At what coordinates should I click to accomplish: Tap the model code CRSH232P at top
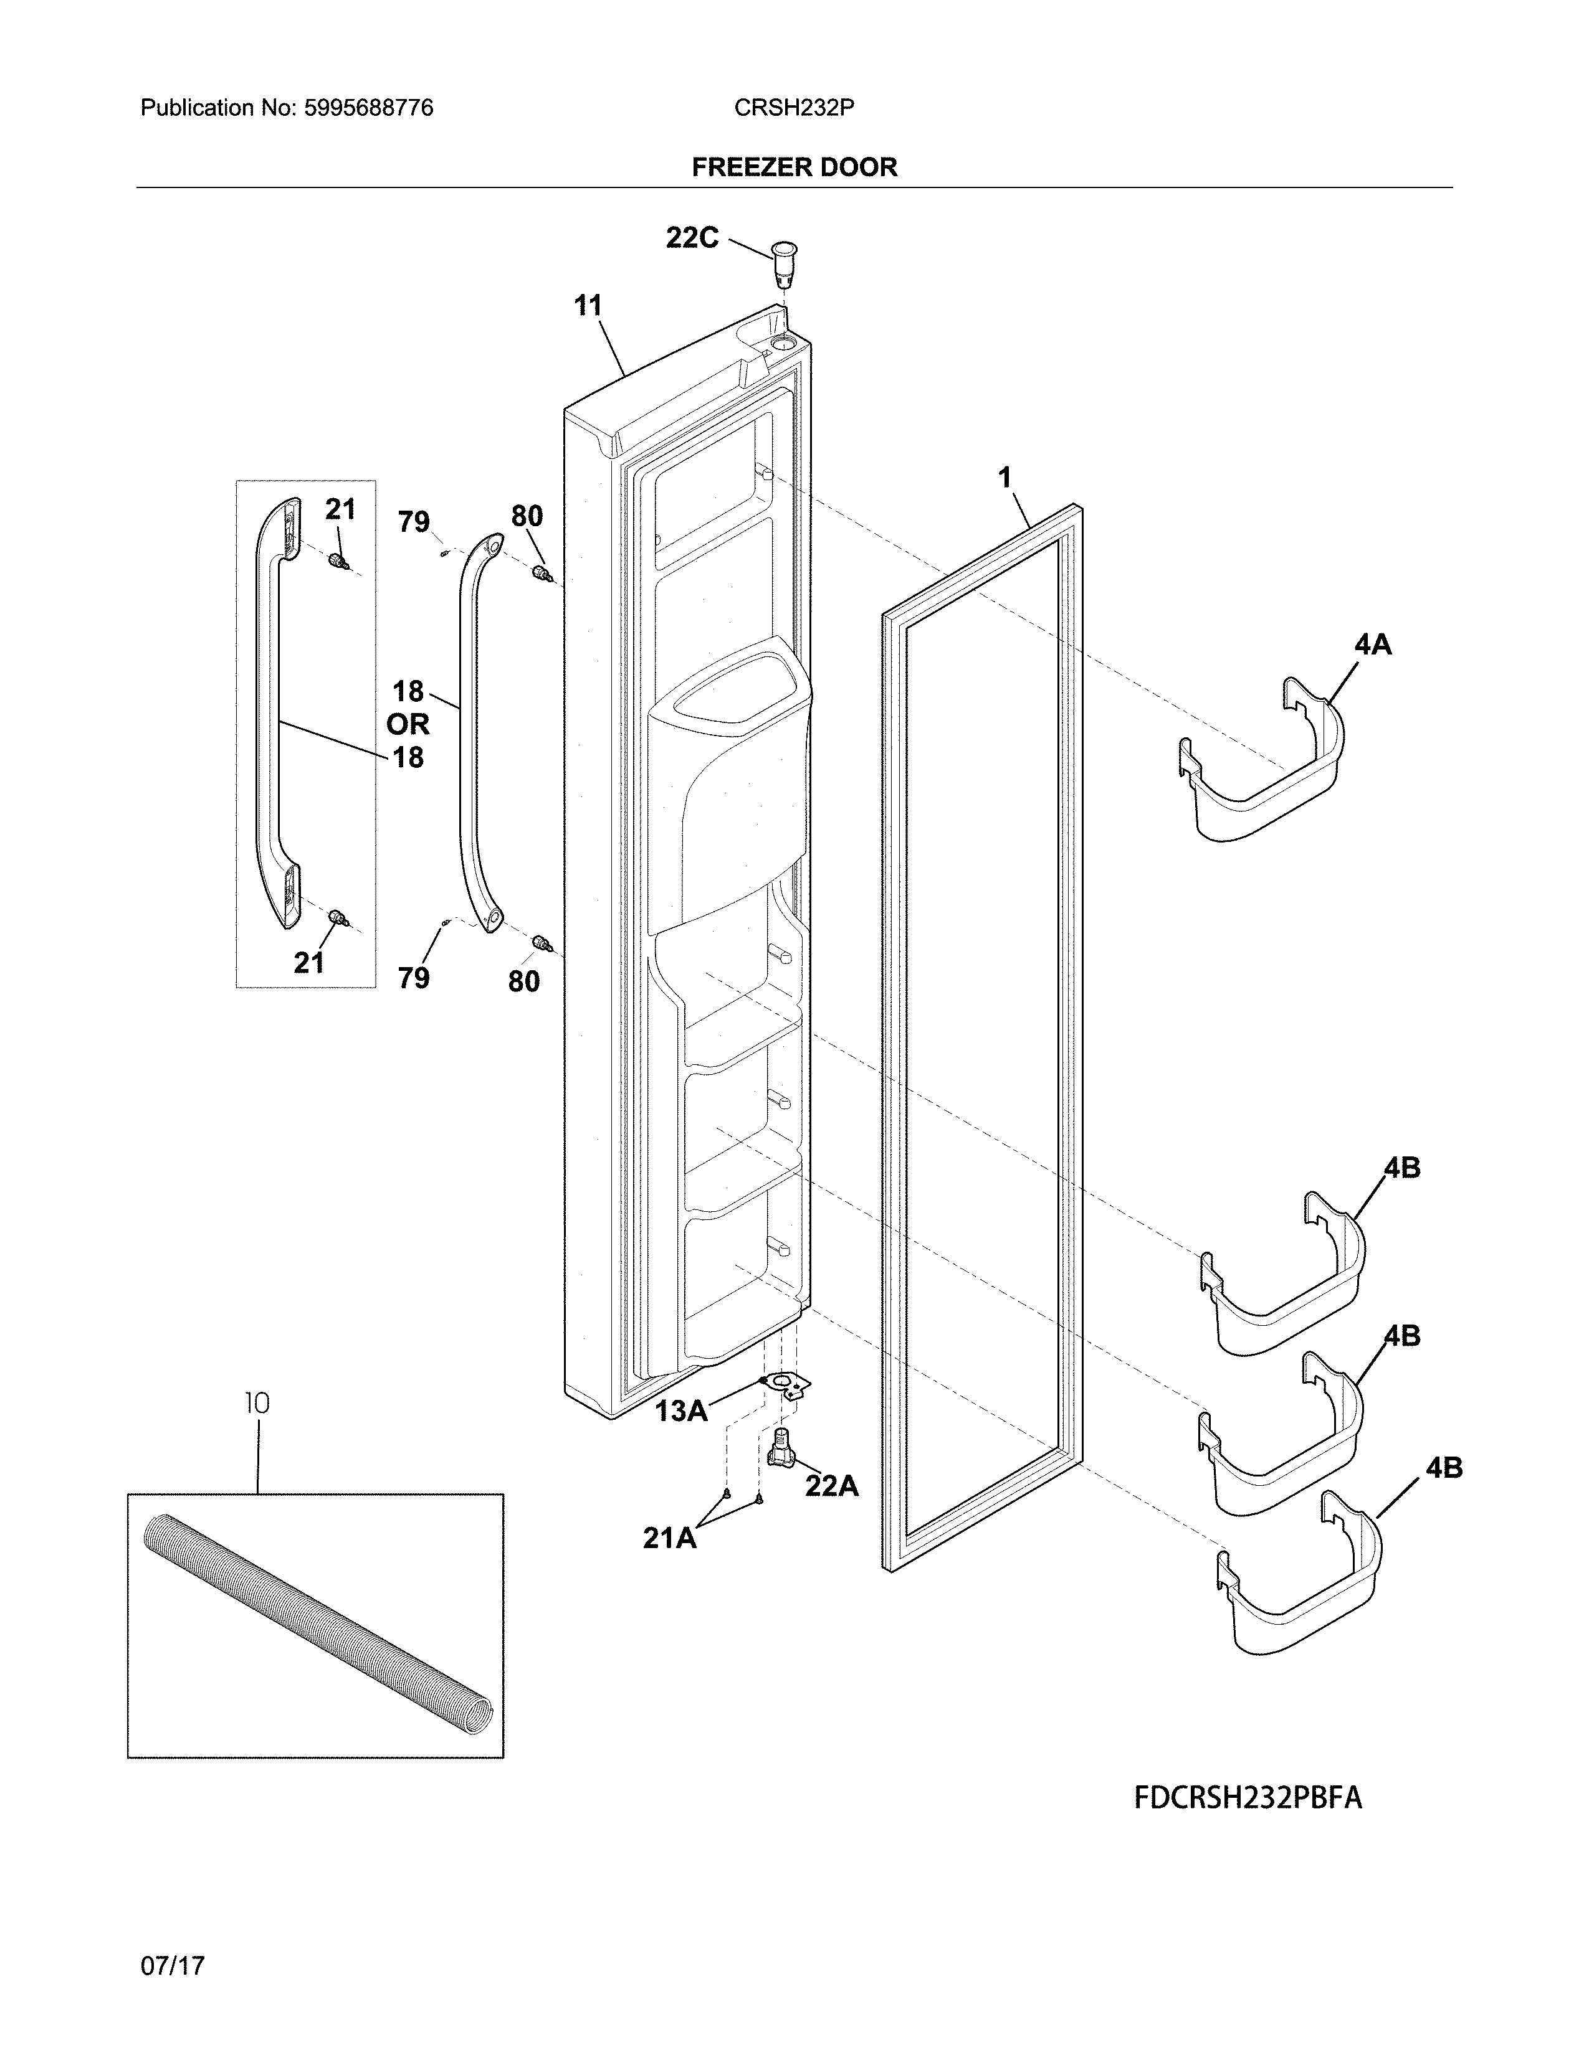click(793, 108)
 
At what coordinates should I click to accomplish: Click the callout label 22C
click(692, 238)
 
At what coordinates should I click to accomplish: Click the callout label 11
click(588, 305)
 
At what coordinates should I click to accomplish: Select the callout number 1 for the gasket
click(1004, 478)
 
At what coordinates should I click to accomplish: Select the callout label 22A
click(832, 1486)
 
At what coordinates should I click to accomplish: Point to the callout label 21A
click(669, 1538)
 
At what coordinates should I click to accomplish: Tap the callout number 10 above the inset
click(257, 1403)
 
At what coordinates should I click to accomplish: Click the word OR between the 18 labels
click(408, 724)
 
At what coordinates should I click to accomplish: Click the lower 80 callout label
click(524, 981)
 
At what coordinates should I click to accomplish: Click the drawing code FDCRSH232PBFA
click(1248, 1798)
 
